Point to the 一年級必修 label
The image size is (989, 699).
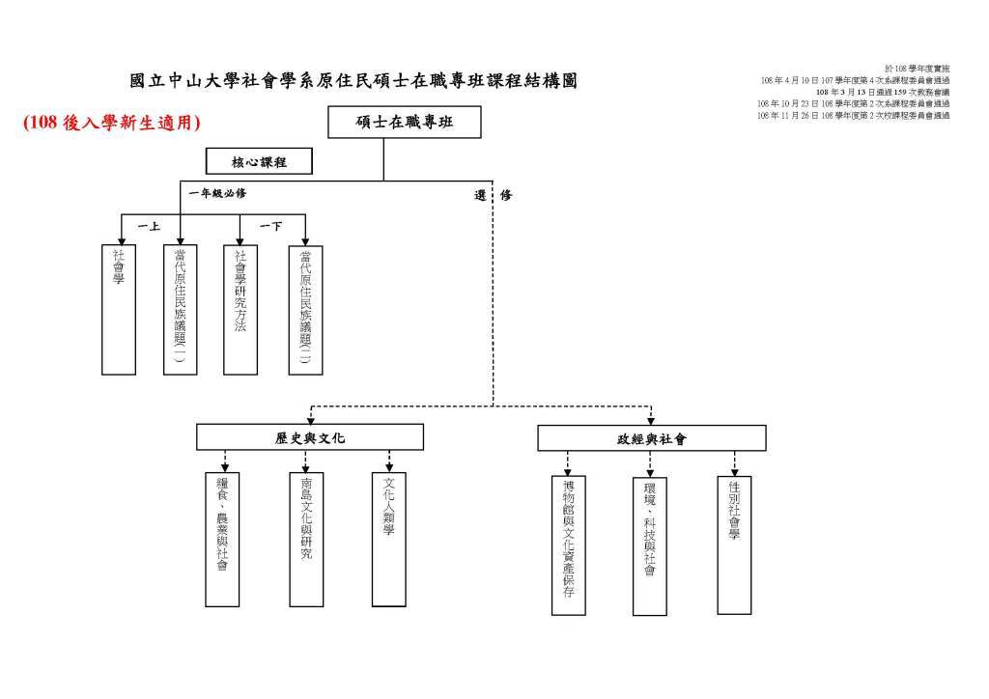tap(217, 194)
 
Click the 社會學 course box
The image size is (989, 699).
tap(119, 309)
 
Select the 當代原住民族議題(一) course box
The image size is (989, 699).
tap(180, 309)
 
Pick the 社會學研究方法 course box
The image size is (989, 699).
tap(240, 309)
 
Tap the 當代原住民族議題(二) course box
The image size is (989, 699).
tap(305, 309)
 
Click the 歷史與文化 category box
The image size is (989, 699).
tap(309, 438)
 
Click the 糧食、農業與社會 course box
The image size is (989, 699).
tap(222, 539)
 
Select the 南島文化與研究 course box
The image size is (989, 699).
tap(306, 539)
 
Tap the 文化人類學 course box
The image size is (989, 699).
tap(388, 539)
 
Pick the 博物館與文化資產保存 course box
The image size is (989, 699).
tap(568, 545)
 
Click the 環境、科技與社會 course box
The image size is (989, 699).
tap(650, 545)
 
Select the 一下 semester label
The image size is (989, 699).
tap(270, 226)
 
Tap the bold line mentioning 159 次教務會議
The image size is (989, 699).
tap(882, 92)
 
